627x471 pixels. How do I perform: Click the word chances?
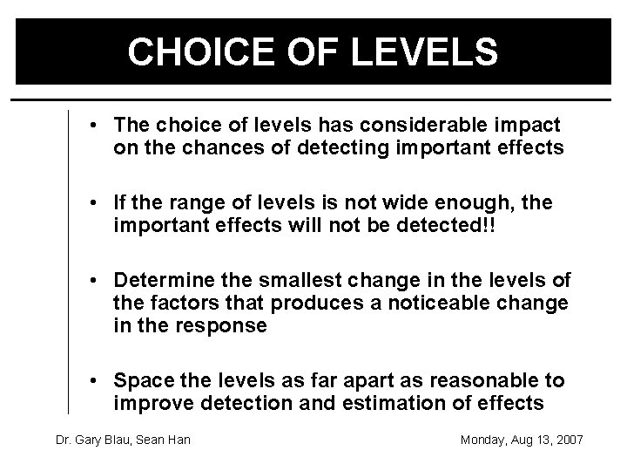point(205,149)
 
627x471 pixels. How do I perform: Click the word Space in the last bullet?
point(141,381)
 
